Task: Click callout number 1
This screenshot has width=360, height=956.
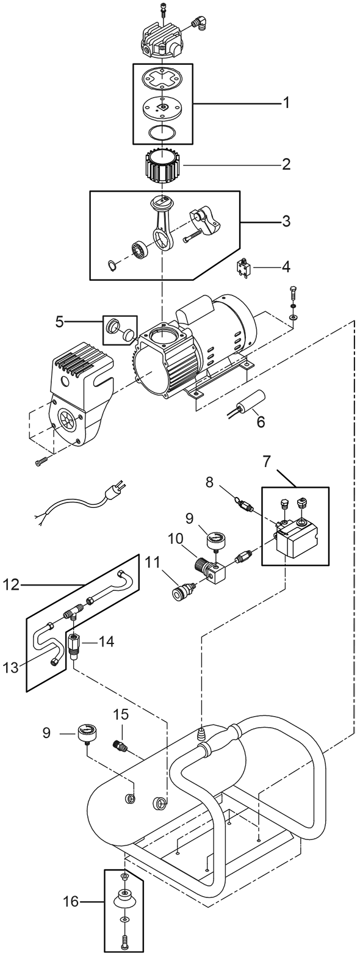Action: tap(286, 103)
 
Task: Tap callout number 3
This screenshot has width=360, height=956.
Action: tap(286, 222)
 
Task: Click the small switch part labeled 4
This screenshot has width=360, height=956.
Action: tap(243, 268)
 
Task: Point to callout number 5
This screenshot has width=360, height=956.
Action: tap(59, 322)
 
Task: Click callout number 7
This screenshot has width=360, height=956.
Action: tap(267, 462)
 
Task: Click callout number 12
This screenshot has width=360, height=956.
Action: tap(12, 584)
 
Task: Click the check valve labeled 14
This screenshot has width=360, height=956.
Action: tap(73, 646)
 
